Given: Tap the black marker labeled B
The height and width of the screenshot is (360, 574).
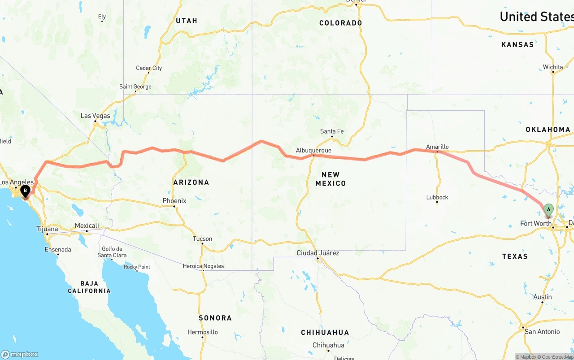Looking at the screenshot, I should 26,191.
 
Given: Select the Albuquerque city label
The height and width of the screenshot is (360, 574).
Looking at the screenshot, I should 313,150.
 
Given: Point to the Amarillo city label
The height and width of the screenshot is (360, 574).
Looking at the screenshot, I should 437,147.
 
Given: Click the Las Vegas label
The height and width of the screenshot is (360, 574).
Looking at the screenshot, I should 95,116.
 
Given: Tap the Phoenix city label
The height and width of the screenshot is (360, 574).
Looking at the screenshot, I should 174,201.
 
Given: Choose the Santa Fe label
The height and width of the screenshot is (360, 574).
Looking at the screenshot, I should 332,131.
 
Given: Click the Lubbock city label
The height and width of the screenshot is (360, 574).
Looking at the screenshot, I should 437,197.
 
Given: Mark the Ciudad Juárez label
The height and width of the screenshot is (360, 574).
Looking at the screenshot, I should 318,253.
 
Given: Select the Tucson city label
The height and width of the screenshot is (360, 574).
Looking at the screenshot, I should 202,239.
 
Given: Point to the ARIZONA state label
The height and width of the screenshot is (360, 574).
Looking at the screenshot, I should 191,182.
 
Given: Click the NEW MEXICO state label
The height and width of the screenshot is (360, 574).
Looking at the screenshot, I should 330,179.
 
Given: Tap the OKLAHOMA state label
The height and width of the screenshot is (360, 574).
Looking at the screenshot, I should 548,130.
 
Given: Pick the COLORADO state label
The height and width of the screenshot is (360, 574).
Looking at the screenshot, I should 340,23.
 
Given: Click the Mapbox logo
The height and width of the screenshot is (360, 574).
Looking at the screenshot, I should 20,354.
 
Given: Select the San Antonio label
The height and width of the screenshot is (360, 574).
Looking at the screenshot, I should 542,332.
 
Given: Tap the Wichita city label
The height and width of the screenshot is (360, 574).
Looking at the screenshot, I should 553,67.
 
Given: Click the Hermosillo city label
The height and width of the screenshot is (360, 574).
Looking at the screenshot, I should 203,332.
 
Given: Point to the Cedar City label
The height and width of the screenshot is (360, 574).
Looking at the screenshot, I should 149,68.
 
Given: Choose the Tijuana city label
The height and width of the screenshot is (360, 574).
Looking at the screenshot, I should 47,229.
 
